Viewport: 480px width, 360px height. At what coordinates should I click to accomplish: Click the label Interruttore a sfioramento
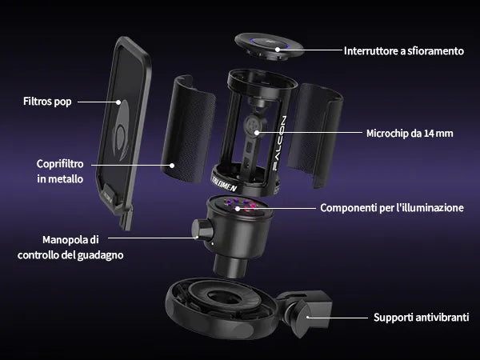[x=404, y=51]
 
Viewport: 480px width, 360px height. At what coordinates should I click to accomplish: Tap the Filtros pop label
[x=47, y=102]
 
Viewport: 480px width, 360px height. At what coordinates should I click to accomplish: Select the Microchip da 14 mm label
[x=410, y=134]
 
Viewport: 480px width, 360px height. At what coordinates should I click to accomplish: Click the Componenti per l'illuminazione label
[x=392, y=208]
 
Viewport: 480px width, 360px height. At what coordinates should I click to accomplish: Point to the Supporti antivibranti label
[x=422, y=318]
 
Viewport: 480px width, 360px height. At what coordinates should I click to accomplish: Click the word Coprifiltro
[x=60, y=164]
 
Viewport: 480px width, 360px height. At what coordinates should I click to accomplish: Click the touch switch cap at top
[x=269, y=46]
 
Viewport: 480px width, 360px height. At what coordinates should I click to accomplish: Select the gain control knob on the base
[x=202, y=229]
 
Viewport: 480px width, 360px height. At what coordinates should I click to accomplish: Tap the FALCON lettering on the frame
[x=279, y=143]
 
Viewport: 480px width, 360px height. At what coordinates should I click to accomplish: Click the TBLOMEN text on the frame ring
[x=224, y=183]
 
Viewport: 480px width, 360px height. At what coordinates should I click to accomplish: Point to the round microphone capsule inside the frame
[x=255, y=125]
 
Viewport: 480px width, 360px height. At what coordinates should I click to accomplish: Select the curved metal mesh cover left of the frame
[x=187, y=129]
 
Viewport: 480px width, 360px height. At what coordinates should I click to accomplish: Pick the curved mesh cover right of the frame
[x=314, y=134]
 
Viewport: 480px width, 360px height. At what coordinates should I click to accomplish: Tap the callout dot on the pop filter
[x=118, y=102]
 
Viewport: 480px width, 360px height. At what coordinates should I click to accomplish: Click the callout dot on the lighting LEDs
[x=238, y=209]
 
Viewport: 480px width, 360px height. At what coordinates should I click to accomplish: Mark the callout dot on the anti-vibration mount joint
[x=308, y=318]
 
